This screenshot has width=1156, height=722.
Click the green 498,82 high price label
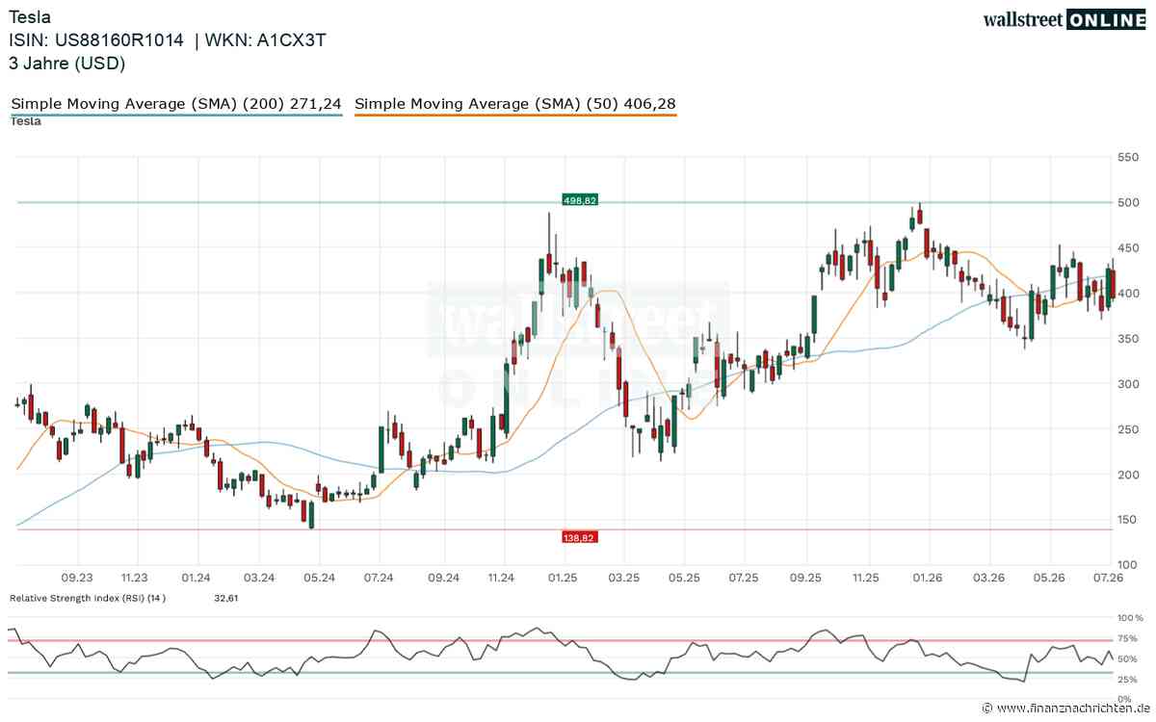(580, 200)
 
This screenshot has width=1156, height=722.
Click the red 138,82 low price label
(580, 538)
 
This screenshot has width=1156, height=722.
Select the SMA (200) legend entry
(176, 104)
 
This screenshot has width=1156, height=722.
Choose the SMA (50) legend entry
(515, 104)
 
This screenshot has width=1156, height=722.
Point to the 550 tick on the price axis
(1128, 157)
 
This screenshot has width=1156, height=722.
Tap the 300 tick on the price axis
(1128, 384)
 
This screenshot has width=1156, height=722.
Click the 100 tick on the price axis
(1128, 565)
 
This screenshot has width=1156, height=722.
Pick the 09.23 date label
(77, 578)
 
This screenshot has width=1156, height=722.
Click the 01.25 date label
(563, 578)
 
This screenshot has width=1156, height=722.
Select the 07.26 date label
(1108, 578)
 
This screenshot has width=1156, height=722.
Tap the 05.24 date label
(319, 578)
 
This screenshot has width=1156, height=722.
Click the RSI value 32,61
(226, 598)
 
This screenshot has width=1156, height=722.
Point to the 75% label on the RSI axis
(1127, 638)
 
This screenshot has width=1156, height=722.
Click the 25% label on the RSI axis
(1127, 680)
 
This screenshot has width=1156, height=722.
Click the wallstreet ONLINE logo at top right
(1064, 20)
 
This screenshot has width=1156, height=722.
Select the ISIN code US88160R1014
(119, 40)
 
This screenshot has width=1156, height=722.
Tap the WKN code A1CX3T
(291, 40)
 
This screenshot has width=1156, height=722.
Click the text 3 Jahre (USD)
(67, 64)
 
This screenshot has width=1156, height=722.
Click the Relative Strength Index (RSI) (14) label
(88, 598)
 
